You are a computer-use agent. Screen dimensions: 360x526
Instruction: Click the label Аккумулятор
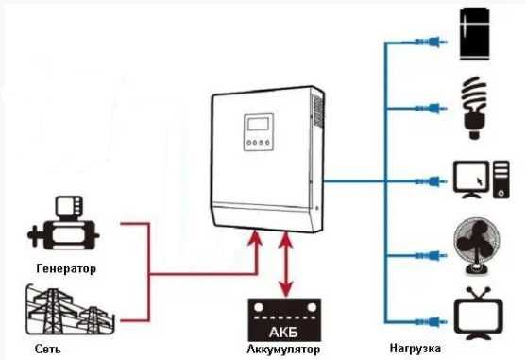click(x=283, y=350)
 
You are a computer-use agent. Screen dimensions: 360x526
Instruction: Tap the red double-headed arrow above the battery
click(x=284, y=265)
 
